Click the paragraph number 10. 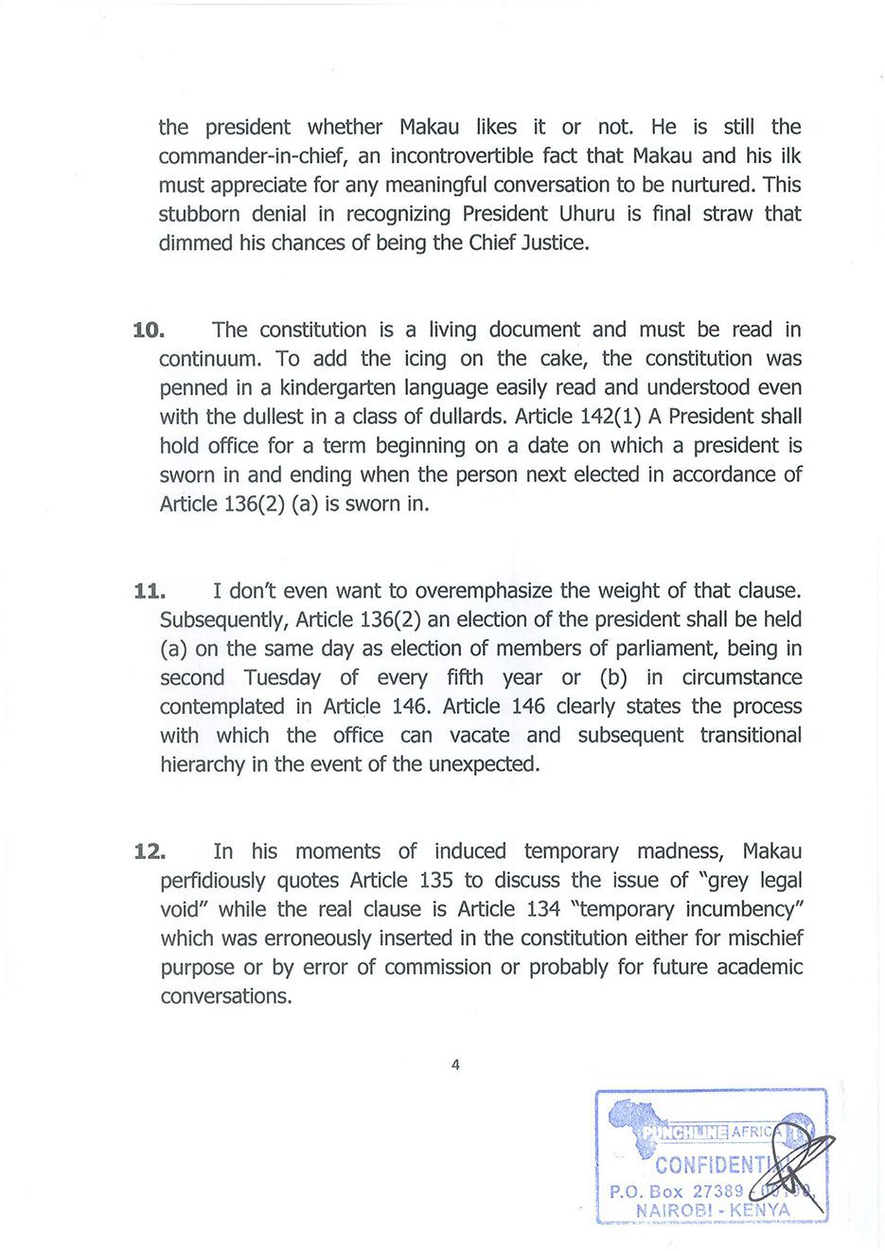pos(149,331)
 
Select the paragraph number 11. pos(150,592)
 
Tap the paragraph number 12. pos(150,852)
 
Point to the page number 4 pos(455,1065)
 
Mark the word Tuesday pos(282,678)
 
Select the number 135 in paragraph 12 pos(435,881)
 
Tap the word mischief pos(764,939)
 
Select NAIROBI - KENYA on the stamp pos(713,1210)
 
